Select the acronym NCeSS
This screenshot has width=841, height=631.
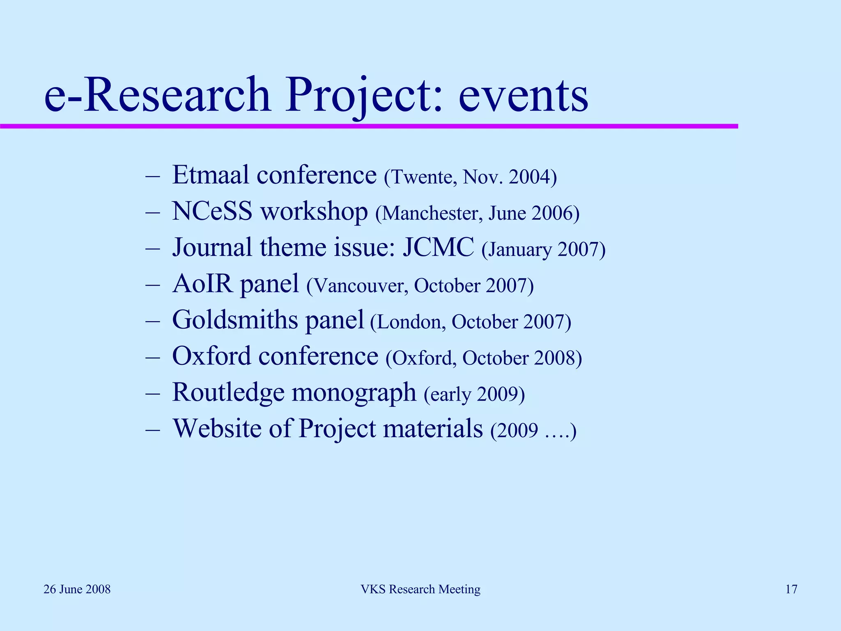coord(212,212)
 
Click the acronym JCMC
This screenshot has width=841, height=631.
coord(438,248)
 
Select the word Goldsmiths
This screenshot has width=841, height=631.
coord(235,320)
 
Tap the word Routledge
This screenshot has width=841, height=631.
coord(228,392)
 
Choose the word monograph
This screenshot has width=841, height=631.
coord(354,393)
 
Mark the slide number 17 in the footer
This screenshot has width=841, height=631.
coord(791,589)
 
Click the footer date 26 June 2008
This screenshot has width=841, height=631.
coord(77,589)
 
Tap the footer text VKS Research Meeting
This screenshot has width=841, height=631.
coord(420,589)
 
